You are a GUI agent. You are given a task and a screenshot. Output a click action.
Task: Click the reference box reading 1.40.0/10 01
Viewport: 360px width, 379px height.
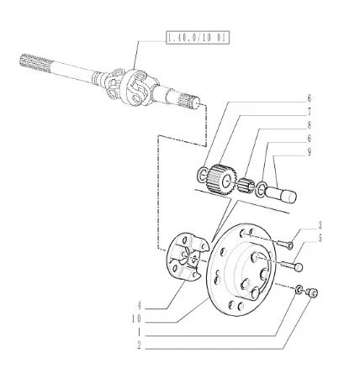tap(198, 38)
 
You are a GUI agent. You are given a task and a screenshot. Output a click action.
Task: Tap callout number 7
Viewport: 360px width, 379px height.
tap(309, 113)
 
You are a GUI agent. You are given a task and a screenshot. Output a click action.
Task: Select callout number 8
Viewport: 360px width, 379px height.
tap(309, 125)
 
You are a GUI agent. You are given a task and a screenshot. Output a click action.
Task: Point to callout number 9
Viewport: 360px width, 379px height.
tap(309, 152)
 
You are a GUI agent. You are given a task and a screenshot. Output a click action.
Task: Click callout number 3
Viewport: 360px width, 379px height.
tap(320, 225)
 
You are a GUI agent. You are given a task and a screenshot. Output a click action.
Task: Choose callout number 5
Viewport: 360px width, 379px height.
tap(320, 239)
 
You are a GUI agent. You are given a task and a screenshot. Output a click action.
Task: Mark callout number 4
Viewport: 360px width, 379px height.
tap(139, 305)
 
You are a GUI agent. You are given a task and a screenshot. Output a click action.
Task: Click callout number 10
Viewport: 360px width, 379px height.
tap(136, 319)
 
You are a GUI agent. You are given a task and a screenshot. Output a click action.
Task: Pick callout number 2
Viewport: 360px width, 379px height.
tap(139, 345)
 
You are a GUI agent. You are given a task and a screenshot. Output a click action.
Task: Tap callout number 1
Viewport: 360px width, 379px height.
tap(139, 333)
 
